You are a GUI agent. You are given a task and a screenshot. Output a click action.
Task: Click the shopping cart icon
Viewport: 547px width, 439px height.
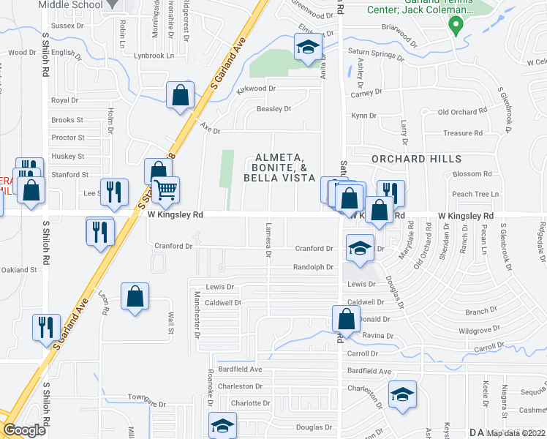click(166, 190)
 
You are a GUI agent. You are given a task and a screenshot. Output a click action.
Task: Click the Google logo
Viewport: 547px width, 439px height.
click(24, 430)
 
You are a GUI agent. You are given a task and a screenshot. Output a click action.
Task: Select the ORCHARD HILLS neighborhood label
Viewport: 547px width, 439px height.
click(416, 159)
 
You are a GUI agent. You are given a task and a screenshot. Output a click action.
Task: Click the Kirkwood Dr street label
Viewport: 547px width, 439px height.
click(257, 89)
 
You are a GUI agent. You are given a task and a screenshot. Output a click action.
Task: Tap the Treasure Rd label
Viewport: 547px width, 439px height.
click(464, 134)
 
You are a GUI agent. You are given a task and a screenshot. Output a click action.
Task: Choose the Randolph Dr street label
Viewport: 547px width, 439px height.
click(313, 267)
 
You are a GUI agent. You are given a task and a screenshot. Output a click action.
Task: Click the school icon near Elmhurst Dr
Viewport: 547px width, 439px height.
click(308, 48)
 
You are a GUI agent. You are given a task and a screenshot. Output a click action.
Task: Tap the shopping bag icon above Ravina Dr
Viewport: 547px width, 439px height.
click(346, 319)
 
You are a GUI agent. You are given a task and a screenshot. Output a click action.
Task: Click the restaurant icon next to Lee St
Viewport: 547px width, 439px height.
click(113, 192)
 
